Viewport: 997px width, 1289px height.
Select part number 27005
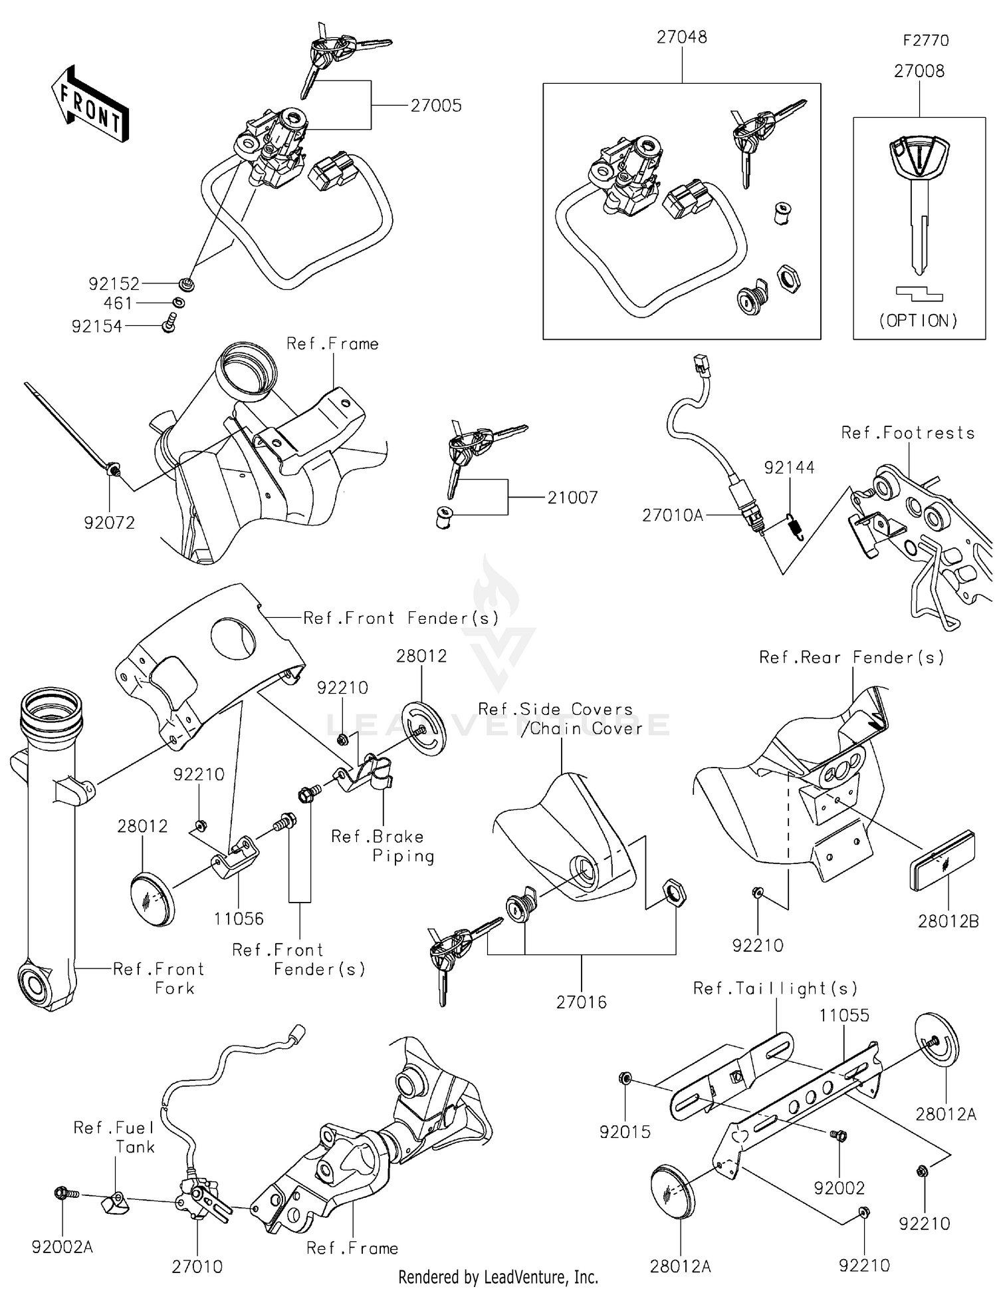tap(435, 106)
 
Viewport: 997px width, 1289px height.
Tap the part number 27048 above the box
tap(681, 37)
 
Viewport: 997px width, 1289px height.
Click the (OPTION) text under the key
tap(919, 321)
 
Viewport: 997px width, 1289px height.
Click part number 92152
tap(114, 284)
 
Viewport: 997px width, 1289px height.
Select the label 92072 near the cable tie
tap(109, 523)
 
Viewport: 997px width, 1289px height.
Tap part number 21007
tap(572, 498)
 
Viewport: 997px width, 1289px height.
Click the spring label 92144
tap(789, 468)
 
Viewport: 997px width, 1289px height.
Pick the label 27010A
tap(672, 515)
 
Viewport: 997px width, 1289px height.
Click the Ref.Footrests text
tap(907, 433)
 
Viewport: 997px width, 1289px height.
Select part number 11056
tap(239, 919)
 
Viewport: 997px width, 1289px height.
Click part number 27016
tap(582, 1002)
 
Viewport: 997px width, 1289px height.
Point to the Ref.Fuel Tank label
tap(114, 1137)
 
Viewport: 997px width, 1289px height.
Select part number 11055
tap(843, 1016)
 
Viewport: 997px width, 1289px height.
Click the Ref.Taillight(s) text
tap(775, 988)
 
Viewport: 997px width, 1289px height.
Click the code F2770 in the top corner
tap(925, 41)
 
